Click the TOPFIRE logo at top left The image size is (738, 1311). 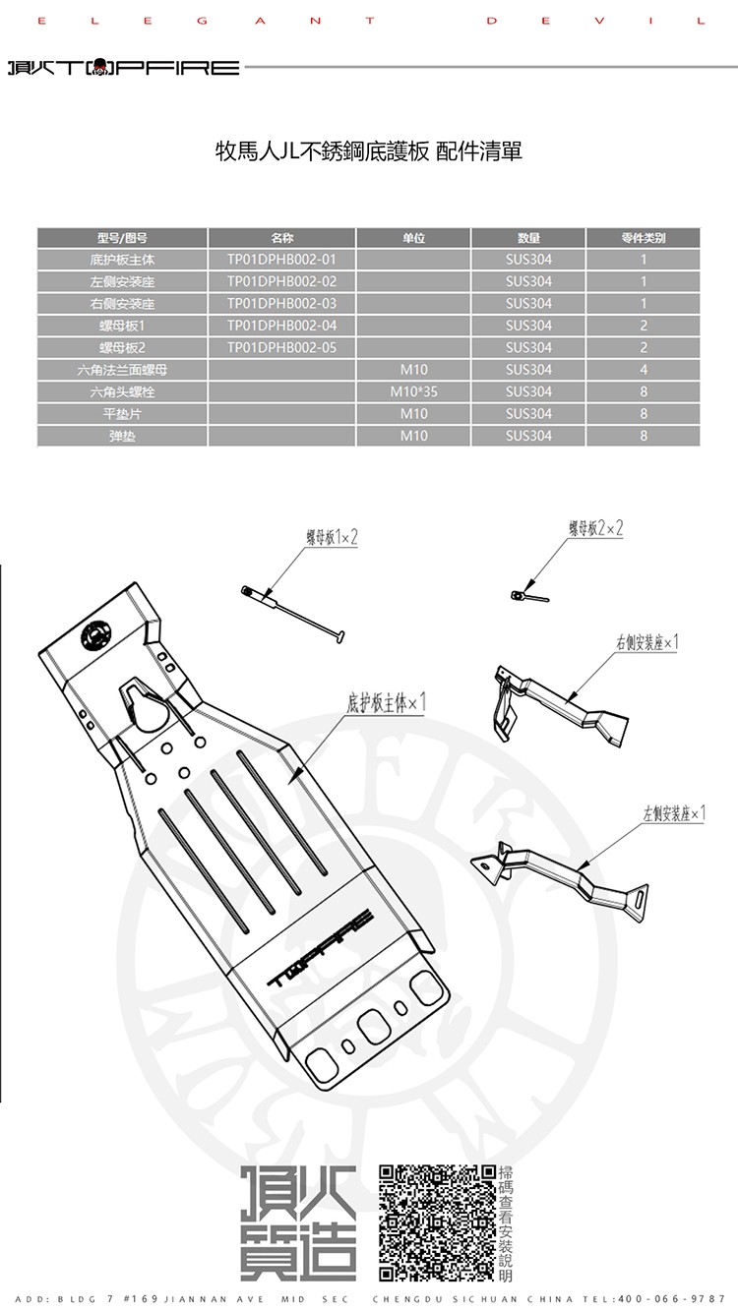click(124, 67)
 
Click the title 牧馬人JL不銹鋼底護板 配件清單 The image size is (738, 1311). click(368, 151)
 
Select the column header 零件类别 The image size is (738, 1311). click(644, 238)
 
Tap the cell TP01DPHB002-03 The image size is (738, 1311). click(281, 304)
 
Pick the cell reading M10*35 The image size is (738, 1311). click(413, 391)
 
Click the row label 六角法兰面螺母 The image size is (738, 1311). click(122, 370)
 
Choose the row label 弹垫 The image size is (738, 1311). click(122, 436)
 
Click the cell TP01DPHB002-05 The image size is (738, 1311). click(281, 347)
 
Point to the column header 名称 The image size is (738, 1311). click(281, 238)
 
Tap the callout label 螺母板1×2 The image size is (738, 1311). click(332, 537)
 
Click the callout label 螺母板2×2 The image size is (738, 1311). click(595, 528)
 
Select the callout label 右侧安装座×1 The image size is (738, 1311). click(646, 642)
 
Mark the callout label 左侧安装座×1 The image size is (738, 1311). click(674, 813)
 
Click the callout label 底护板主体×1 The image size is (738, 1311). click(386, 702)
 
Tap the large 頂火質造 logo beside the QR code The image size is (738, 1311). click(298, 1222)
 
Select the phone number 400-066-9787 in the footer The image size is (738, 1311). click(671, 1299)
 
